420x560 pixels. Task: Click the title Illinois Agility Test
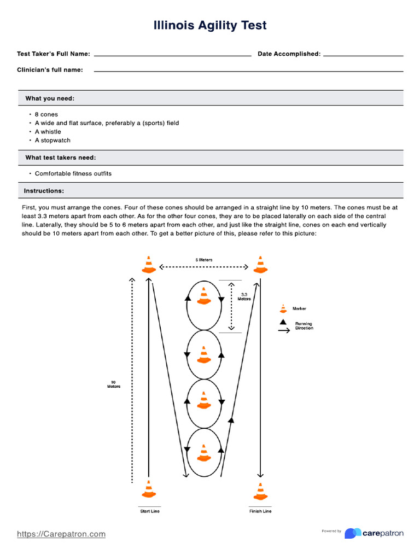tap(210, 26)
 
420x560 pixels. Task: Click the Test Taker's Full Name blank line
tap(172, 55)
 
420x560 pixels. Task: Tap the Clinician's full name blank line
tap(248, 71)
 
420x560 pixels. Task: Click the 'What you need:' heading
tap(50, 98)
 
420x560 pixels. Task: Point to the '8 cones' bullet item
tap(46, 115)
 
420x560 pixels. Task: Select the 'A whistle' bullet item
tap(48, 132)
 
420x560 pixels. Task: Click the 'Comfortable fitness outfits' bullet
tap(73, 174)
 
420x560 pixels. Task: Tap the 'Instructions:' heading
tap(44, 191)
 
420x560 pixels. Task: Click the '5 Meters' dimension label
tap(205, 260)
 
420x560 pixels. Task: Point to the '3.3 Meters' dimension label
tap(244, 297)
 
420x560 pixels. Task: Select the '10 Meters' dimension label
tap(113, 384)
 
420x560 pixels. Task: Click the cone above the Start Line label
tap(149, 489)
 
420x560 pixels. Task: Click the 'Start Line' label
tap(150, 511)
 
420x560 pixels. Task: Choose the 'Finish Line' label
tap(260, 511)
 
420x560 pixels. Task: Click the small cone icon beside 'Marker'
tap(283, 308)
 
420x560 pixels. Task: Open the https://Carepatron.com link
tap(61, 534)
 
